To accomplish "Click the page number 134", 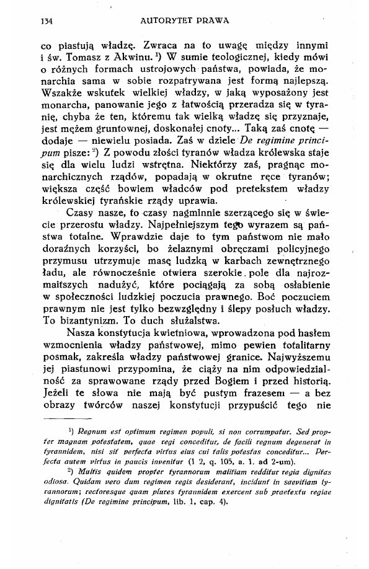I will [x=44, y=20].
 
